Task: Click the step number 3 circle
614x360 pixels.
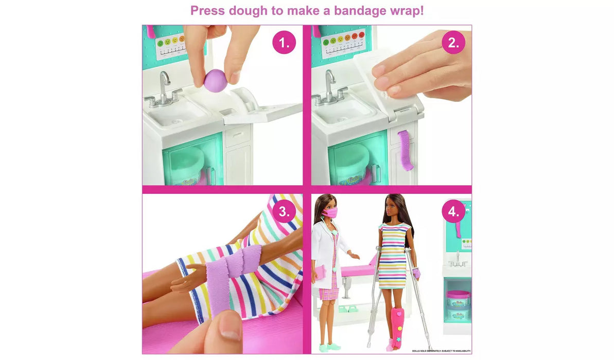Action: point(284,210)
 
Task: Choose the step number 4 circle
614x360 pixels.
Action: point(453,211)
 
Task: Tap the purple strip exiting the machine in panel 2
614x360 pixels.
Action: point(406,150)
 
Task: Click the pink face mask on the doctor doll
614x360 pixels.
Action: point(330,213)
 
